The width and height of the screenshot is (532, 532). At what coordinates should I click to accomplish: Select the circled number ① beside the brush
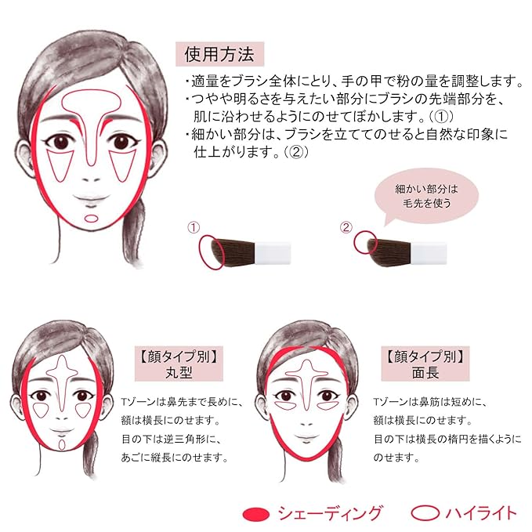coord(193,228)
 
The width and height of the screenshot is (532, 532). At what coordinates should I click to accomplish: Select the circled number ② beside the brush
coord(346,228)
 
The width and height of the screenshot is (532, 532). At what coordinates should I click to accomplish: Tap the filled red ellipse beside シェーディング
coord(256,514)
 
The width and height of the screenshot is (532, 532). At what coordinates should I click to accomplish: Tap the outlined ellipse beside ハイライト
coord(425,514)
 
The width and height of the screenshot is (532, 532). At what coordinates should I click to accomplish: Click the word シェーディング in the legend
coord(329,514)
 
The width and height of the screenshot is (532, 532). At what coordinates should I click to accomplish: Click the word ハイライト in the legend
coord(480,514)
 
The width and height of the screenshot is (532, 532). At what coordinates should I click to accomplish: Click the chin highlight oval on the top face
coord(92,218)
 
